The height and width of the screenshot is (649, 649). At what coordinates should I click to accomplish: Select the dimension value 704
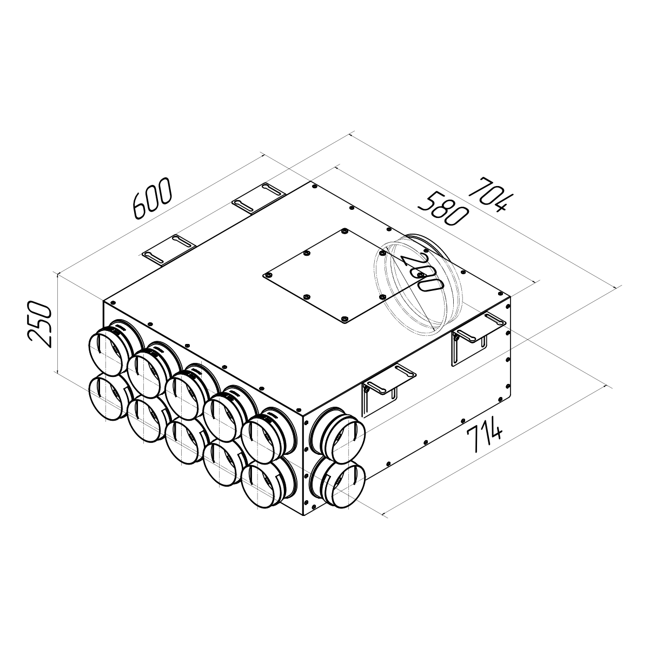click(x=489, y=196)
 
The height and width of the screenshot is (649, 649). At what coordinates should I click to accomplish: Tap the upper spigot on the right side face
click(x=337, y=436)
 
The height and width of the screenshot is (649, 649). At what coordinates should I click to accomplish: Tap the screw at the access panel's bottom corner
click(x=345, y=319)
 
